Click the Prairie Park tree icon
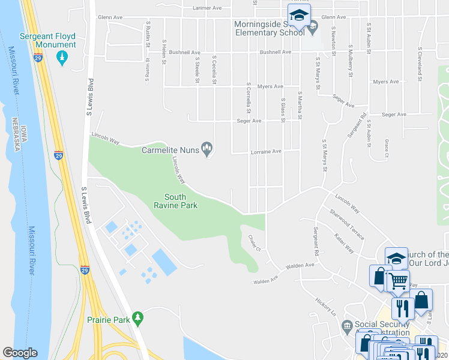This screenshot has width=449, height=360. coord(138,316)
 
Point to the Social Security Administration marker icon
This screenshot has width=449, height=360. coord(347,326)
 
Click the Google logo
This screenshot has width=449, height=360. coord(20,353)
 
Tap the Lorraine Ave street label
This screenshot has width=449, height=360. coord(265,151)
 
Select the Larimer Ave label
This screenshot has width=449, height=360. coord(207,8)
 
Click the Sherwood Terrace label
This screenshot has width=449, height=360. coord(346,224)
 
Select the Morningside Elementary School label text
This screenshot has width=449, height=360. coord(269,28)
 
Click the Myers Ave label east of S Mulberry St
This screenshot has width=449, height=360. coord(385,82)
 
